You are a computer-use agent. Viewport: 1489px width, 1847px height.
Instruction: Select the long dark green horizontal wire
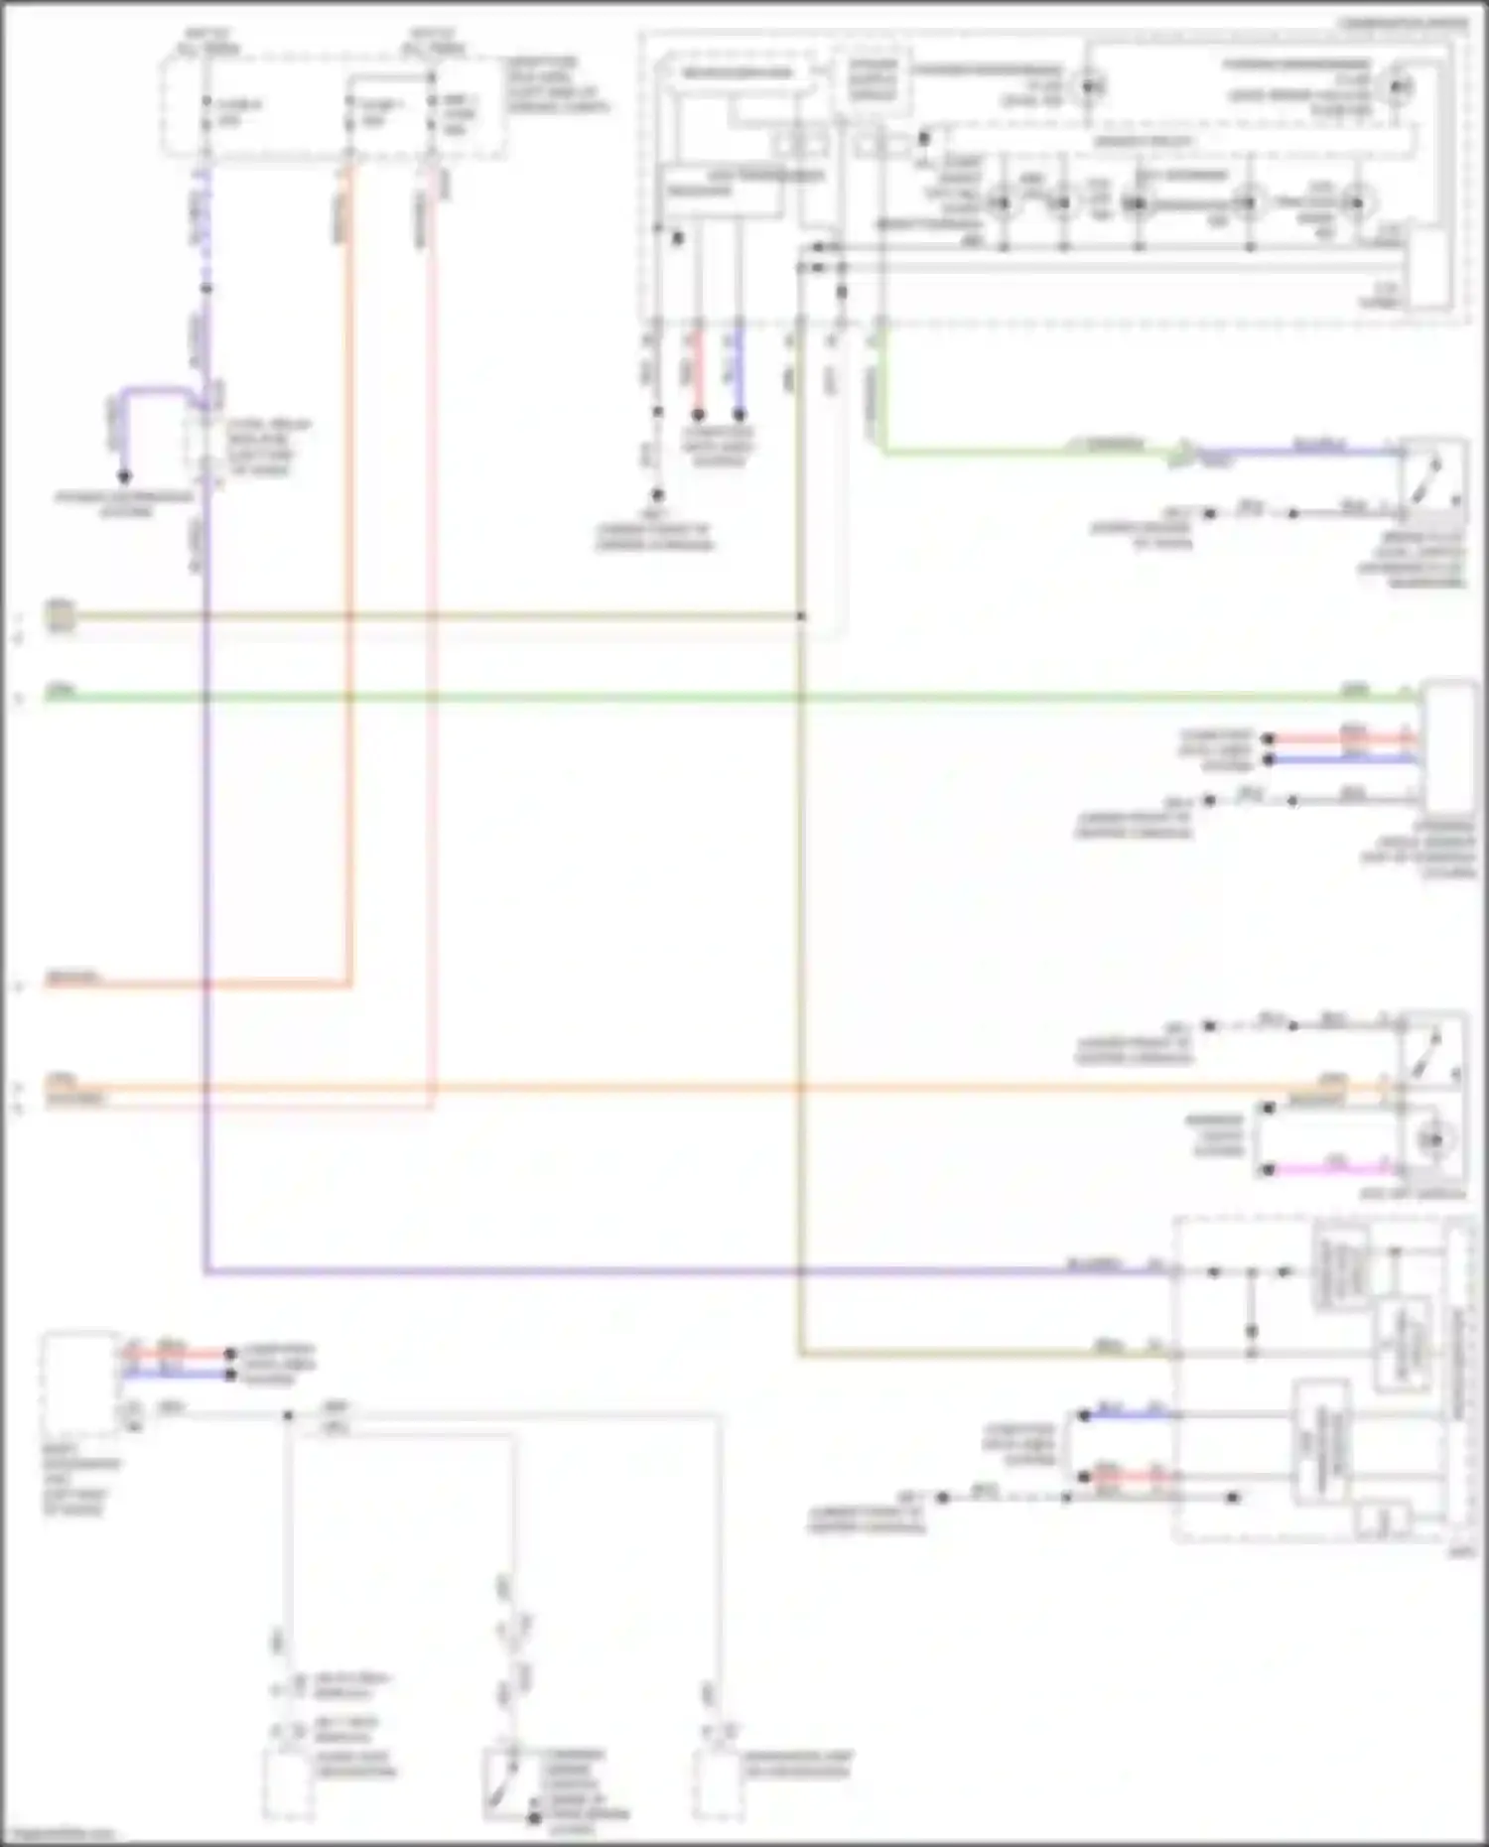tap(695, 698)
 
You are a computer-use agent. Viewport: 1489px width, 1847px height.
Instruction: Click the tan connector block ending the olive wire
tap(60, 617)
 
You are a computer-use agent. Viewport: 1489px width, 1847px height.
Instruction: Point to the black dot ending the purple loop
tap(124, 477)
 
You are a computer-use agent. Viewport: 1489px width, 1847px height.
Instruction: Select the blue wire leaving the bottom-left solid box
tap(179, 1375)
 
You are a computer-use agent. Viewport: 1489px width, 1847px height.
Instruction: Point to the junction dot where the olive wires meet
tap(801, 617)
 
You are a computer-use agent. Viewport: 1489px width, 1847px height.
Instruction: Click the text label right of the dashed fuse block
tap(556, 84)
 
